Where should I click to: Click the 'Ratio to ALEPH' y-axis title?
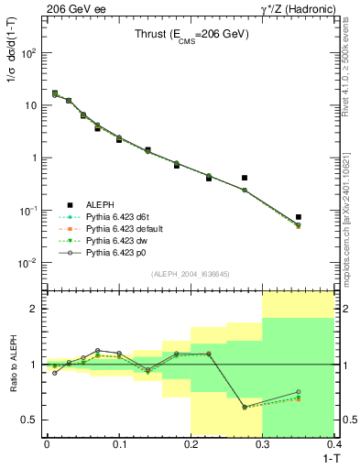pyautogui.click(x=13, y=363)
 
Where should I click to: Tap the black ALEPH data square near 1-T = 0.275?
pyautogui.click(x=245, y=178)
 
